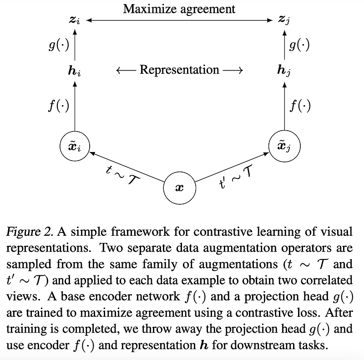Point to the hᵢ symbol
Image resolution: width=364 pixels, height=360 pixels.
click(x=74, y=71)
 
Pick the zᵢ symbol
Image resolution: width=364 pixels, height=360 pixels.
click(x=74, y=20)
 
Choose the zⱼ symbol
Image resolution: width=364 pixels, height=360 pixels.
click(x=284, y=20)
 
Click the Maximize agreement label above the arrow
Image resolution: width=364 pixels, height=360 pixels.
click(x=179, y=9)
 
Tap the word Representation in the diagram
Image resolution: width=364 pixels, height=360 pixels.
click(x=179, y=70)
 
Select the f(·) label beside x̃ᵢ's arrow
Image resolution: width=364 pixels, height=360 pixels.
click(x=58, y=106)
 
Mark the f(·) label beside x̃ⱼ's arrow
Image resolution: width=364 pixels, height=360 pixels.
click(x=300, y=106)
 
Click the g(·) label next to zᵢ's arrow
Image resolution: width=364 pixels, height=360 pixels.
click(x=58, y=46)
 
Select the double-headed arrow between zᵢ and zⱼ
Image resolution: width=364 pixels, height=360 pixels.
click(x=179, y=20)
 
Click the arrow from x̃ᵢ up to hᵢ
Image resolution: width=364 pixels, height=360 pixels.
click(x=74, y=107)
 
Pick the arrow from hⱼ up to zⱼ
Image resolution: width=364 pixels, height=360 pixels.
click(x=284, y=46)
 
